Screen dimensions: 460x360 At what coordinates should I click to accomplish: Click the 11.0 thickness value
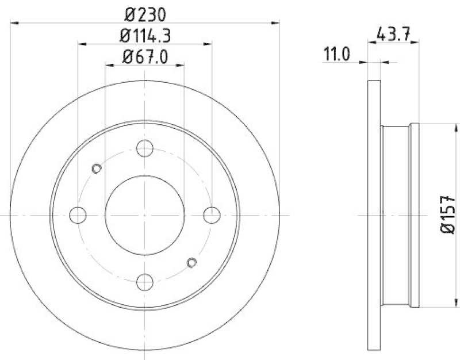click(337, 55)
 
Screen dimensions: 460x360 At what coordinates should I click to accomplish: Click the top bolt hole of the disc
click(145, 148)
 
